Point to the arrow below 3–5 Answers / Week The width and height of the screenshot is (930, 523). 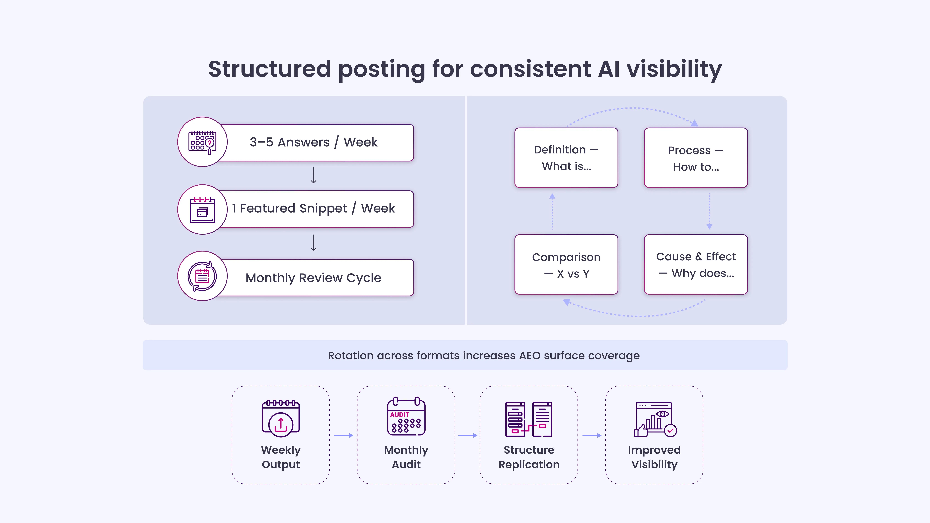[x=313, y=175]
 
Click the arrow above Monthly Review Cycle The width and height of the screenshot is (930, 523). [x=313, y=243]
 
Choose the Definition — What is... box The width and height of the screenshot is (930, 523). [x=566, y=158]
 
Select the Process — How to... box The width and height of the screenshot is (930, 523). [x=696, y=158]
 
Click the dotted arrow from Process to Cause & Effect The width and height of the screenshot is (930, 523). [x=709, y=211]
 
